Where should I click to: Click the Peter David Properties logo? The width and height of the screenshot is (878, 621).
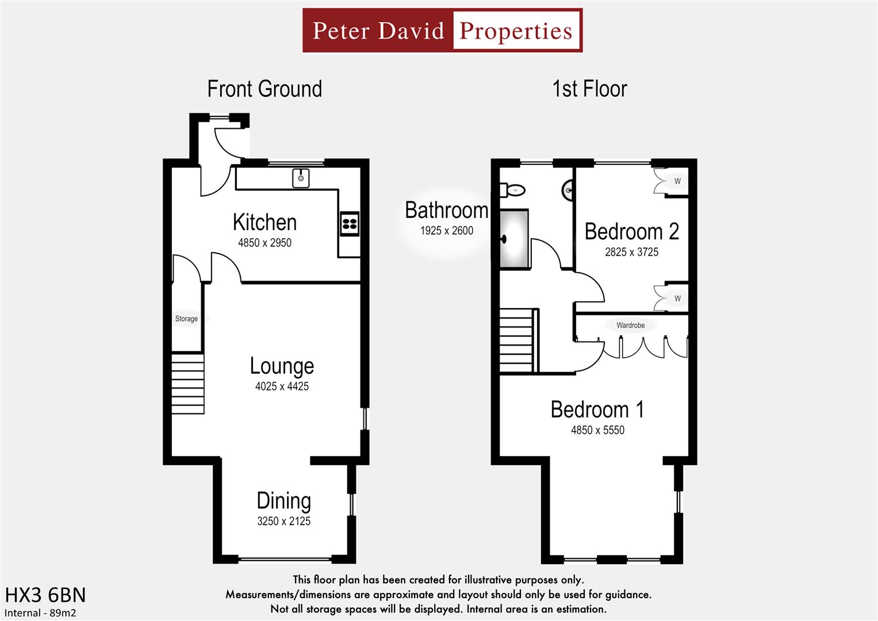click(442, 30)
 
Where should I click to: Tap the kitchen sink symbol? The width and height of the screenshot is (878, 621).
click(301, 178)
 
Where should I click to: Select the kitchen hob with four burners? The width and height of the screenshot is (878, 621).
click(350, 224)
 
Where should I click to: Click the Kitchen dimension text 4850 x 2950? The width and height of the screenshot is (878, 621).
click(264, 243)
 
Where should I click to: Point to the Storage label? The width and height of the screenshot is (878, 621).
click(186, 319)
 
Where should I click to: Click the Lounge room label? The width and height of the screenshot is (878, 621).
click(282, 366)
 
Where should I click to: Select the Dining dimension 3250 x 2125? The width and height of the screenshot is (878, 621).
click(283, 522)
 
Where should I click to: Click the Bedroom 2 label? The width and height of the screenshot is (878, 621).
click(631, 232)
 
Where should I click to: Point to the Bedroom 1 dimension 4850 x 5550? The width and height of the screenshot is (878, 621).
click(597, 430)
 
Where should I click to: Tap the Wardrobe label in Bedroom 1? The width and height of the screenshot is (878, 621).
click(630, 325)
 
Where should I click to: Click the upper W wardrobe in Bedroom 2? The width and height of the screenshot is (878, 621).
click(677, 182)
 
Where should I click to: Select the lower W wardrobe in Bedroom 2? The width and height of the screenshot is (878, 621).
click(677, 298)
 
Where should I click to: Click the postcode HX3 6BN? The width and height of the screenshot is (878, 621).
click(45, 595)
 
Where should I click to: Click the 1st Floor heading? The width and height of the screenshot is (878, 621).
click(589, 89)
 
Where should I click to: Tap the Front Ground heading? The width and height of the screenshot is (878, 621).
click(264, 89)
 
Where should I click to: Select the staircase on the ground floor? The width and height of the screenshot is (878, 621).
click(188, 384)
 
